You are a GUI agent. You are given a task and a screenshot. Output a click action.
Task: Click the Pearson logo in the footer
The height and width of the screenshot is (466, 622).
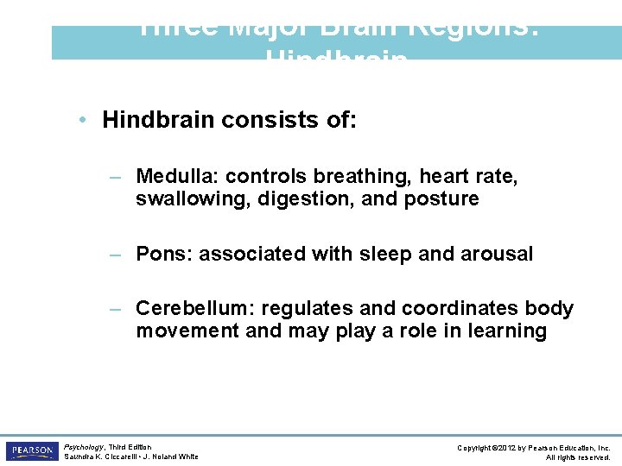pyautogui.click(x=31, y=451)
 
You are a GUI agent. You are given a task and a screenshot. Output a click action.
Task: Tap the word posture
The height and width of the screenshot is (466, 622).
pyautogui.click(x=446, y=199)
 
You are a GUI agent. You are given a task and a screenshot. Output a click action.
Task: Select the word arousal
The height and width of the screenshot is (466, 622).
pyautogui.click(x=497, y=254)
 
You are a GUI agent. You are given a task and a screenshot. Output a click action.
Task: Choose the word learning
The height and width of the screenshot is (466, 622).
pyautogui.click(x=507, y=331)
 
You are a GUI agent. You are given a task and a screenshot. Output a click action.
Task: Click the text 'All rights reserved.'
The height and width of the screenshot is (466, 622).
pyautogui.click(x=578, y=457)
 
